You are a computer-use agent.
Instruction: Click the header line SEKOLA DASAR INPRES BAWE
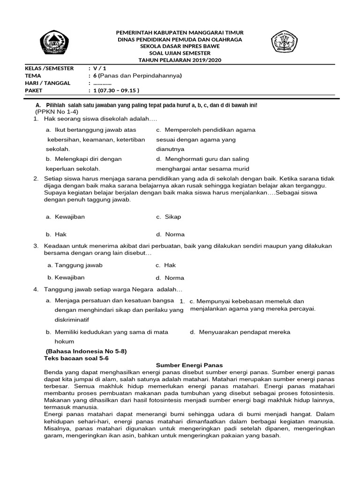coord(180,46)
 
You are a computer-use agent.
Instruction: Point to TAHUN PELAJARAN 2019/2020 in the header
coord(180,60)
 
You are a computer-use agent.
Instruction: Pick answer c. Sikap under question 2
coord(168,217)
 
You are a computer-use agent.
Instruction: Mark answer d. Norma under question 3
coord(170,278)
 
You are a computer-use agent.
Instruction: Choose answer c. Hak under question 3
coord(166,265)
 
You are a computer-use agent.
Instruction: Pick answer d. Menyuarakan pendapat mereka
coord(240,332)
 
